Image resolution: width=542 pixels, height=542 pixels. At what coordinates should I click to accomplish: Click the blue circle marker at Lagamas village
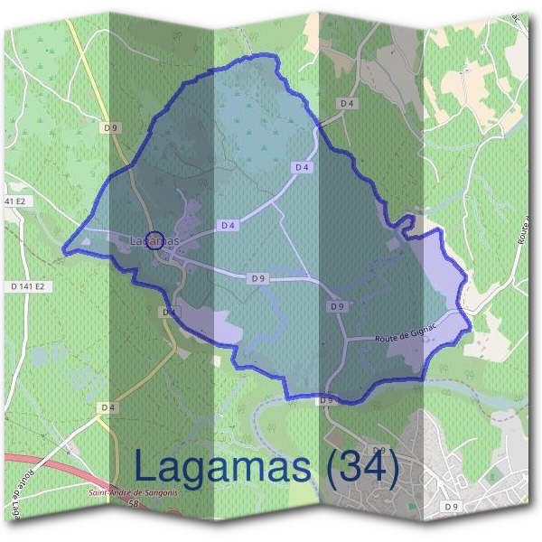[x=154, y=239]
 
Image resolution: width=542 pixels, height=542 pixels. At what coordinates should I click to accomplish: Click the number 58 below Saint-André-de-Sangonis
[x=133, y=502]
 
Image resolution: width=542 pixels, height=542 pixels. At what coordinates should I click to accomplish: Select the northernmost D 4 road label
[x=347, y=104]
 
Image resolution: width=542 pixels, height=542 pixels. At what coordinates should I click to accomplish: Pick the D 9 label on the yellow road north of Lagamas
[x=111, y=128]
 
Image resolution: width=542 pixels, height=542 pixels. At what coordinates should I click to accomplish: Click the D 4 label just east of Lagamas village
[x=228, y=225]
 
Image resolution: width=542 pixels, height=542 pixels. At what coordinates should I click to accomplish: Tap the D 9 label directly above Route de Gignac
[x=337, y=307]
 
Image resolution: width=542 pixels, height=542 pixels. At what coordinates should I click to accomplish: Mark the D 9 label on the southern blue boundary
[x=326, y=399]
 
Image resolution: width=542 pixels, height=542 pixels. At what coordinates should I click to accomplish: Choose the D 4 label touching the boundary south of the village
[x=168, y=312]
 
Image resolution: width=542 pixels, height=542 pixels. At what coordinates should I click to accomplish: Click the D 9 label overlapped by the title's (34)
[x=378, y=450]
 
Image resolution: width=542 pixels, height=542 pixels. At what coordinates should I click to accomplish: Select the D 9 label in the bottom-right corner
[x=453, y=507]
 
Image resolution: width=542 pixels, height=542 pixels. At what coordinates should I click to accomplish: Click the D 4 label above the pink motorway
[x=108, y=407]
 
